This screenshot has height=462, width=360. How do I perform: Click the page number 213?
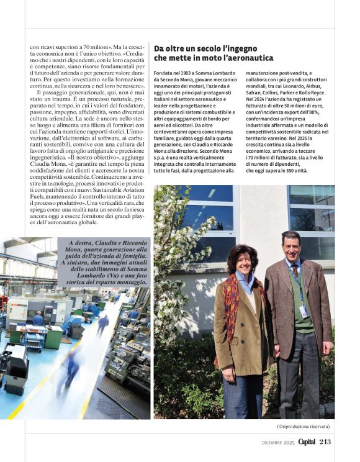(x=325, y=442)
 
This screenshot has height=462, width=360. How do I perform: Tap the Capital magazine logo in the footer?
(x=306, y=442)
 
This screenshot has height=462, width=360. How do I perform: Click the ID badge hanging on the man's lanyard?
(x=303, y=311)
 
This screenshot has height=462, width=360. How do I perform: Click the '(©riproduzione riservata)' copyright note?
(x=303, y=427)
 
